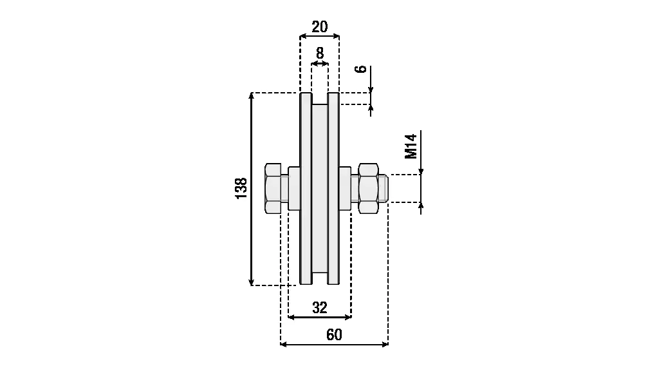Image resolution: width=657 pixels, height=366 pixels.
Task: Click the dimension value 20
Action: pos(320,26)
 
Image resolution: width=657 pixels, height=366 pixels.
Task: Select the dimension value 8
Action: pos(320,53)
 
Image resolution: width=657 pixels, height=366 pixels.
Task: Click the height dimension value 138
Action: pos(241,188)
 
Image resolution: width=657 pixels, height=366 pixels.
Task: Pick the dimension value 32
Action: pos(320,307)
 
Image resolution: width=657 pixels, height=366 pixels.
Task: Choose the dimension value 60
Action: pos(334,334)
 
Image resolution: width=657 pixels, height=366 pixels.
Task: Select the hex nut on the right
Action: pos(368,188)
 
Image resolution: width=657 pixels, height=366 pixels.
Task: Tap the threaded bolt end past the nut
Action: pos(384,188)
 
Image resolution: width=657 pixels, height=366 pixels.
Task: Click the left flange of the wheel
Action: pos(306,188)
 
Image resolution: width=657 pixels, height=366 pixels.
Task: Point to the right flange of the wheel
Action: pos(334,188)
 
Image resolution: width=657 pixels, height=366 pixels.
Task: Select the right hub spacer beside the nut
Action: pos(345,188)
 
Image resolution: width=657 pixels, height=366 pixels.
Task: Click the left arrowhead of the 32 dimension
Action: pos(291,317)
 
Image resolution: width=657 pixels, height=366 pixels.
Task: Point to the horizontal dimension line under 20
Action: pos(320,37)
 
